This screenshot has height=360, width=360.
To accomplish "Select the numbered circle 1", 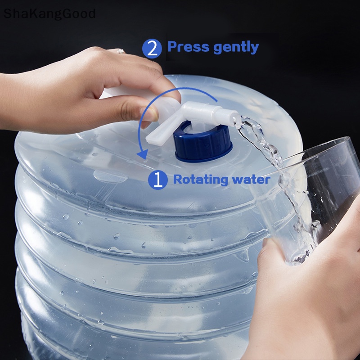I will pos(157,180).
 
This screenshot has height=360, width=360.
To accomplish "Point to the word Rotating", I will pos(201,180).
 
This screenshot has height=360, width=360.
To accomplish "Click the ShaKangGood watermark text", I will pos(49,13).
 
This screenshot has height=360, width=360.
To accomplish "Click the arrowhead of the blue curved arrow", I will pos(143,154).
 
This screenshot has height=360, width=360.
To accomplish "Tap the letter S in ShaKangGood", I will pos(8,13).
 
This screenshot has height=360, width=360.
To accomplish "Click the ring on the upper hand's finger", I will pos(121,51).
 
